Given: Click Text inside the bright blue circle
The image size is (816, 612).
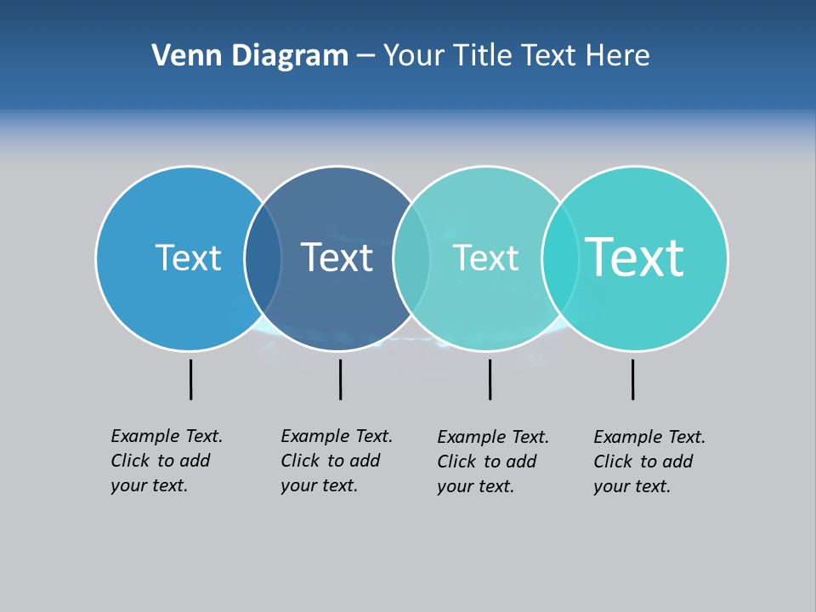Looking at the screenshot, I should [x=188, y=258].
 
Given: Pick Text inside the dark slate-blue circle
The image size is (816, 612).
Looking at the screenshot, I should [x=337, y=258].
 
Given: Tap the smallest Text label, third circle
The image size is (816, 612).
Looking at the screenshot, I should [x=485, y=258].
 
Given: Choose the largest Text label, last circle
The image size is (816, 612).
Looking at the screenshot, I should [x=634, y=257].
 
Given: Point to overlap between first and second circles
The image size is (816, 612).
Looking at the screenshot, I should [x=263, y=258].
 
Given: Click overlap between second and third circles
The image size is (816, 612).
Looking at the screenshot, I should [x=411, y=258].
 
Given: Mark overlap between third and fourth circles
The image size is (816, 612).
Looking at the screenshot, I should [x=560, y=258].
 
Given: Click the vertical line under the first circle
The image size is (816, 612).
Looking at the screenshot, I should [x=190, y=379].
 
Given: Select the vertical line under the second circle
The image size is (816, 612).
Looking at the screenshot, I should [x=340, y=379].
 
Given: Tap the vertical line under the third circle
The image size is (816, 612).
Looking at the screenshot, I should [x=490, y=379].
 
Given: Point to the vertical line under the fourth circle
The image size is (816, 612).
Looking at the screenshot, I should [x=632, y=379].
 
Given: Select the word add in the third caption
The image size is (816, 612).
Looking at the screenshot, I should [x=520, y=462].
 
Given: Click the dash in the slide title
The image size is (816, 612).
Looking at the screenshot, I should [x=365, y=57].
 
